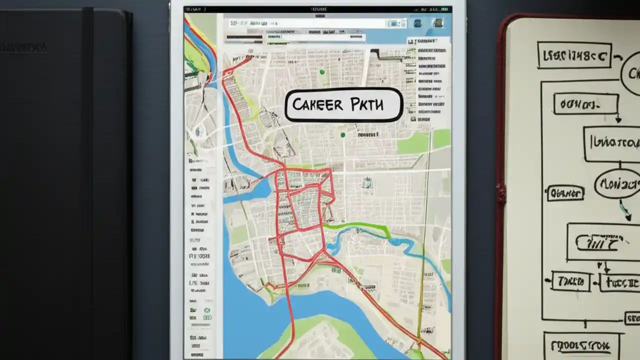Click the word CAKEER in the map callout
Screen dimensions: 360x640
coord(318,105)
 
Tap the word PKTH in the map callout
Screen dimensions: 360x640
coord(367,105)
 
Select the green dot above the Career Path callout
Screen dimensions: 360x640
coord(322,72)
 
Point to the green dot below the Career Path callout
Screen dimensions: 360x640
coord(342,134)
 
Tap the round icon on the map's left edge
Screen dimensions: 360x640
coord(199,131)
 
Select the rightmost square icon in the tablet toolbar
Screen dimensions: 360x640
coord(438,22)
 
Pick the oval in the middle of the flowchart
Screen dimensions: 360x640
coord(618,183)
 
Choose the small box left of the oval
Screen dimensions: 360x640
coord(565,192)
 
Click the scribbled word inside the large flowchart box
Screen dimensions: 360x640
coord(599,243)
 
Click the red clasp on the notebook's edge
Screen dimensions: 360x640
coord(500,193)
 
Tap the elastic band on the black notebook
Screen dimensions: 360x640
coord(87,180)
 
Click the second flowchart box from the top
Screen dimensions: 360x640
coord(585,104)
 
